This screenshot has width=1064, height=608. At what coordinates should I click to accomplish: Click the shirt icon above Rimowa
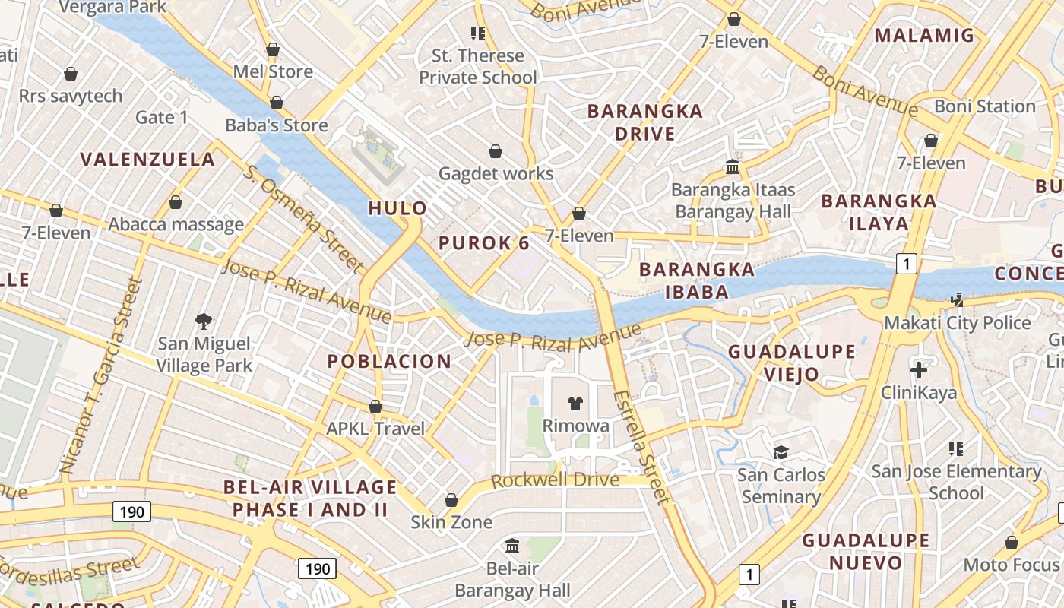tap(576, 404)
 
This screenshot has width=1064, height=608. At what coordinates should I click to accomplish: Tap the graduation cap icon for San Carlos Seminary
tap(781, 453)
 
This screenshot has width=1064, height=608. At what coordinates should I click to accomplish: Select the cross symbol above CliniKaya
tap(919, 370)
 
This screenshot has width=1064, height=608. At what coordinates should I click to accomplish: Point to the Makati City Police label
tap(957, 323)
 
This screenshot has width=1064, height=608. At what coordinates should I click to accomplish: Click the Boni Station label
tap(984, 106)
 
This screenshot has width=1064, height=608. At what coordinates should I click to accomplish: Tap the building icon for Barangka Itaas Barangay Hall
tap(733, 166)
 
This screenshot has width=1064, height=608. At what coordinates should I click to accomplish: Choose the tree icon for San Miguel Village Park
tap(204, 321)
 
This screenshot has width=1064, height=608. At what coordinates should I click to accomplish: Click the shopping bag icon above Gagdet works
tap(496, 151)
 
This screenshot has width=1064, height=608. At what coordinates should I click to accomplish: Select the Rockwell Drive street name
tap(555, 481)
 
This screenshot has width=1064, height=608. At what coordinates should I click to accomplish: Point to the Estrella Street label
tap(642, 447)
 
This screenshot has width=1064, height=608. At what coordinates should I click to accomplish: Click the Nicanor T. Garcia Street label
tap(102, 376)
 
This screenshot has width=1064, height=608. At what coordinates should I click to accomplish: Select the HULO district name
tap(397, 208)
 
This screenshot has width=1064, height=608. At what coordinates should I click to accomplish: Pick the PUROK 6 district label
tap(484, 243)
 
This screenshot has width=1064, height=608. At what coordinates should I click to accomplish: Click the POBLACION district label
tap(389, 362)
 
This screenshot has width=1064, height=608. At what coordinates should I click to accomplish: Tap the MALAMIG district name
tap(924, 35)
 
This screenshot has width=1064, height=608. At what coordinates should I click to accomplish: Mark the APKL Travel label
tap(375, 429)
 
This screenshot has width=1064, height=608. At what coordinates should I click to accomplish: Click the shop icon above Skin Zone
tap(451, 500)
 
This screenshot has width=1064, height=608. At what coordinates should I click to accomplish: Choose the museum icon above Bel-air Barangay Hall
tap(512, 546)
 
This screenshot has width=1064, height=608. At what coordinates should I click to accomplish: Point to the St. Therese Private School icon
tap(478, 33)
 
